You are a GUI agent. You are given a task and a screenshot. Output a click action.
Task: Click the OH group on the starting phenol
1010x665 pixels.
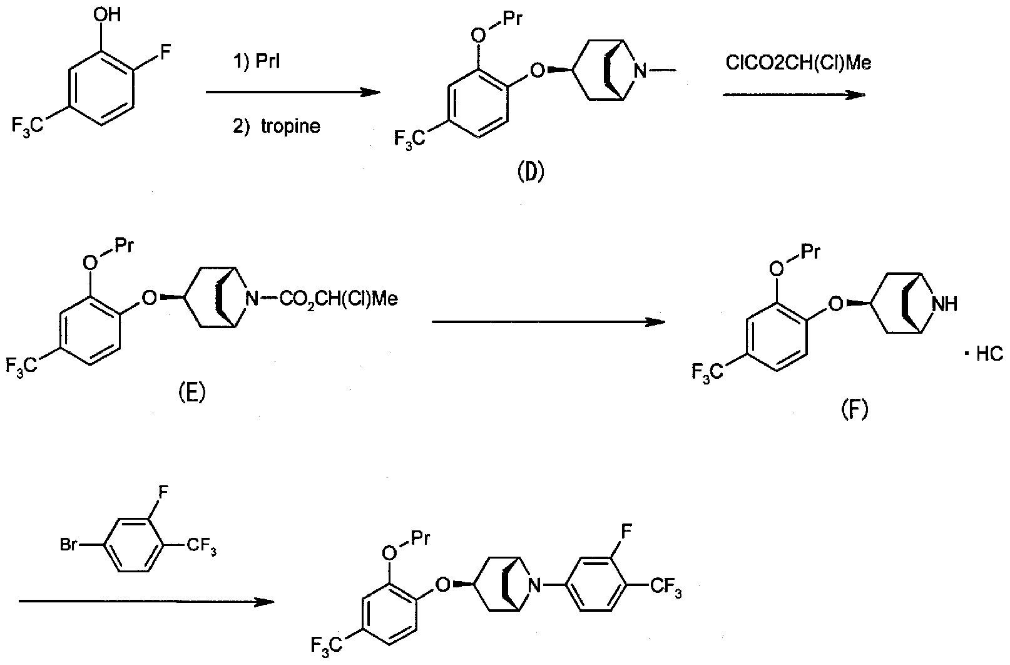[107, 15]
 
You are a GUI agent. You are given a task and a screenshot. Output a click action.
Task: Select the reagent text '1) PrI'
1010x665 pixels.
[256, 61]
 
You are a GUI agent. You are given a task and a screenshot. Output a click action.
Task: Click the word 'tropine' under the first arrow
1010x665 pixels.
[290, 126]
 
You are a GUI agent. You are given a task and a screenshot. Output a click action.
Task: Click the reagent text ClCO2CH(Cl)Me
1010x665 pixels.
[798, 63]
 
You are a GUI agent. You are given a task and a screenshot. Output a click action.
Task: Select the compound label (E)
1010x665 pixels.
[191, 393]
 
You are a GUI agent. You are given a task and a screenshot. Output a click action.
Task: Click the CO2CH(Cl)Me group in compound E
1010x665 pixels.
[339, 299]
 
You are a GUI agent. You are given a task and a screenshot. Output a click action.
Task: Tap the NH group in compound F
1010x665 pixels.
[945, 304]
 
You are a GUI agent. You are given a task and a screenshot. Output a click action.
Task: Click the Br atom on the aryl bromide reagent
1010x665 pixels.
[69, 545]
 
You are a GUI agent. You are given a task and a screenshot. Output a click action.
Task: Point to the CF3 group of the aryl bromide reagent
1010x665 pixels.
[201, 546]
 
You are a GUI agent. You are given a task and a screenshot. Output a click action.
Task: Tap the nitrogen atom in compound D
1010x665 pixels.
[640, 70]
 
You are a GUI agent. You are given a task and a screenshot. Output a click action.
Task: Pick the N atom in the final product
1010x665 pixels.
[535, 585]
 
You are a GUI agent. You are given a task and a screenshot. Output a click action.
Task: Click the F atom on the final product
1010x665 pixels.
[627, 532]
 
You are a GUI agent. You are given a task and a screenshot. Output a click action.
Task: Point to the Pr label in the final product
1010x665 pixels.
[420, 539]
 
